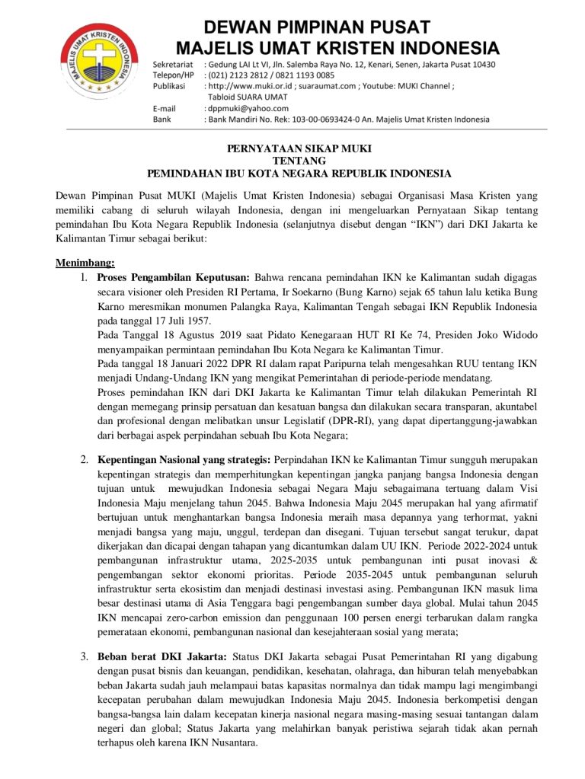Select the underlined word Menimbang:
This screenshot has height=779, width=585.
[85, 263]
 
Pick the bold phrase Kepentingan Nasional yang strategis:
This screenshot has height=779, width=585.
[184, 460]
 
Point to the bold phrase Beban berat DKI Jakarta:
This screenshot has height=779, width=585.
[161, 656]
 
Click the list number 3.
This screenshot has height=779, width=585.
[84, 656]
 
